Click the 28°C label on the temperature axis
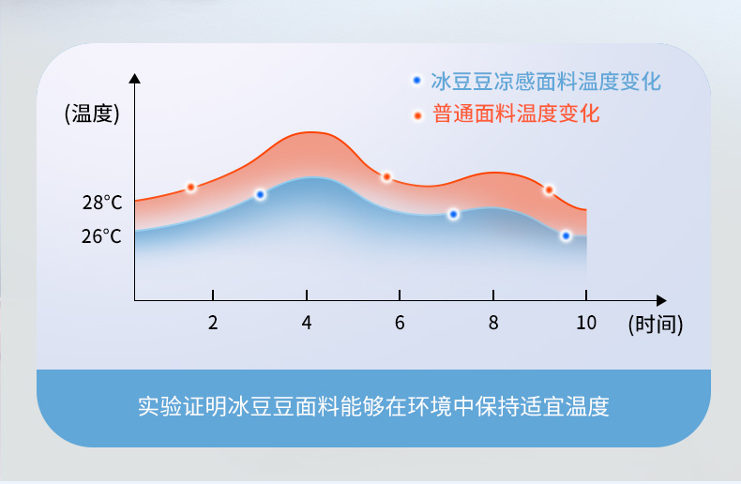point(102,203)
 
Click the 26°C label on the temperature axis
point(101,235)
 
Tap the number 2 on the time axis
point(213,323)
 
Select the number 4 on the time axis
point(307,323)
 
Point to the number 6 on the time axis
point(400,323)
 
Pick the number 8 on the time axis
point(493,323)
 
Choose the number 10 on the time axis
point(586,323)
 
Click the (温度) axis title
point(92,113)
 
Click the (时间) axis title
point(656,325)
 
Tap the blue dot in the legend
point(416,81)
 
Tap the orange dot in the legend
point(417,115)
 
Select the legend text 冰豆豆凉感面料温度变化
point(546,82)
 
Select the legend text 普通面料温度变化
point(516,113)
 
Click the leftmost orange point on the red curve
point(191,188)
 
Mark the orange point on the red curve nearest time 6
point(386,176)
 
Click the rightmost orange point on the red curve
point(549,190)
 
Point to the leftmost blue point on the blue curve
point(260,194)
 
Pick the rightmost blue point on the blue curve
point(567,235)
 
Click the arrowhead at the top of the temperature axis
point(135,78)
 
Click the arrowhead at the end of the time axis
point(661,300)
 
